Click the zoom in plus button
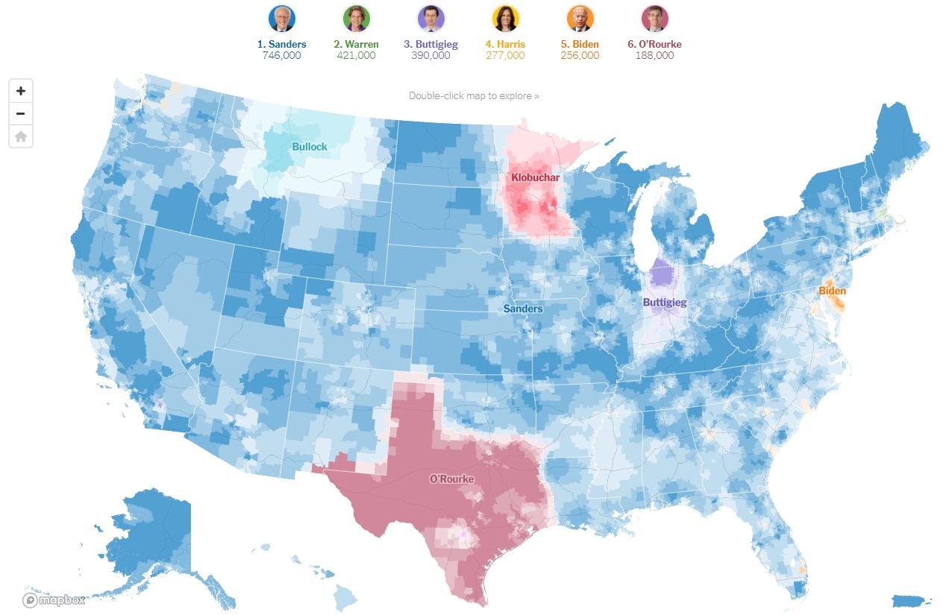[21, 91]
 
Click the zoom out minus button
[21, 114]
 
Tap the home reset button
[21, 136]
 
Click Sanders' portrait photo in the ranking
[282, 18]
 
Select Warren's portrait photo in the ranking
[357, 18]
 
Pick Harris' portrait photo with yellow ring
[506, 18]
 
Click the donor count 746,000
[282, 55]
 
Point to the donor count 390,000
[431, 55]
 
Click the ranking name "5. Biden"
[580, 44]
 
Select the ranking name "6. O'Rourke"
[654, 44]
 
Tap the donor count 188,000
[654, 55]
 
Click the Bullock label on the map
[310, 147]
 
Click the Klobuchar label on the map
[535, 177]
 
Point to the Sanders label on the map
[523, 309]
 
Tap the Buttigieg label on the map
[665, 303]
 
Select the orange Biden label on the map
[833, 291]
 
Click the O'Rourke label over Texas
[451, 479]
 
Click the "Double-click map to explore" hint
[474, 95]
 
